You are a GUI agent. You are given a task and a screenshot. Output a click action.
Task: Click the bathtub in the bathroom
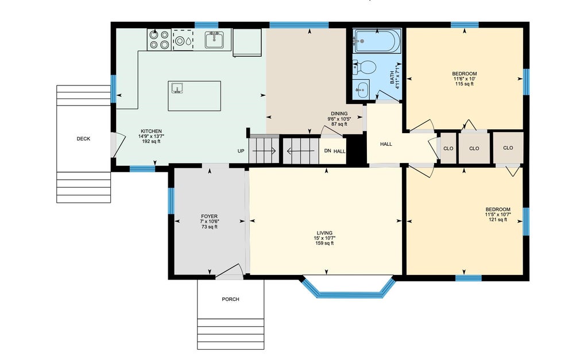pyautogui.click(x=377, y=41)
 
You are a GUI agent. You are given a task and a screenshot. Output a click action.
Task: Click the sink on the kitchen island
pyautogui.click(x=177, y=88)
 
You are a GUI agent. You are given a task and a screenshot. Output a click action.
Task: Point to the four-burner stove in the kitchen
pyautogui.click(x=159, y=40)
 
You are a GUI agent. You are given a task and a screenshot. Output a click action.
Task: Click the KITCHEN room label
pyautogui.click(x=151, y=131)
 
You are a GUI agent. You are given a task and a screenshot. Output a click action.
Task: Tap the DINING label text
pyautogui.click(x=339, y=114)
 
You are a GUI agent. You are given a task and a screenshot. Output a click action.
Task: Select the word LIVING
pyautogui.click(x=324, y=233)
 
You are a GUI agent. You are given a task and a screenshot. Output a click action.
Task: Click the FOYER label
pyautogui.click(x=209, y=216)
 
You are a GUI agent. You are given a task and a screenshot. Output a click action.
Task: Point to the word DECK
pyautogui.click(x=83, y=139)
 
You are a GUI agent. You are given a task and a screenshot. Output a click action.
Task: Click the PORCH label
pyautogui.click(x=230, y=299)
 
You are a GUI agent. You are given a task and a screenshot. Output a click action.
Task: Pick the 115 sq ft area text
pyautogui.click(x=464, y=84)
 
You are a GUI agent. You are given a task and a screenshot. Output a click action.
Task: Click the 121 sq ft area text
pyautogui.click(x=498, y=220)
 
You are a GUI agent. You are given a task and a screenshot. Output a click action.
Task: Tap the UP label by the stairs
pyautogui.click(x=241, y=151)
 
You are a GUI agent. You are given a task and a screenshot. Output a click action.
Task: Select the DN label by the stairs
pyautogui.click(x=327, y=151)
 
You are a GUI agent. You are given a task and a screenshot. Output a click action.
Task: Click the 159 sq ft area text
pyautogui.click(x=324, y=243)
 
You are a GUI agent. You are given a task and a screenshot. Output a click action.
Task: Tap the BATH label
pyautogui.click(x=392, y=78)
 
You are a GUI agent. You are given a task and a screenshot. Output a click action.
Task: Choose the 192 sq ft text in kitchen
pyautogui.click(x=151, y=142)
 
